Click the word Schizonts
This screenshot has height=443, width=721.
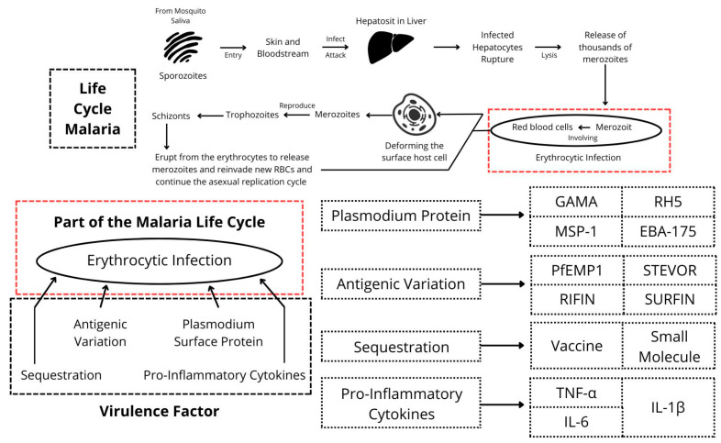(172, 116)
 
